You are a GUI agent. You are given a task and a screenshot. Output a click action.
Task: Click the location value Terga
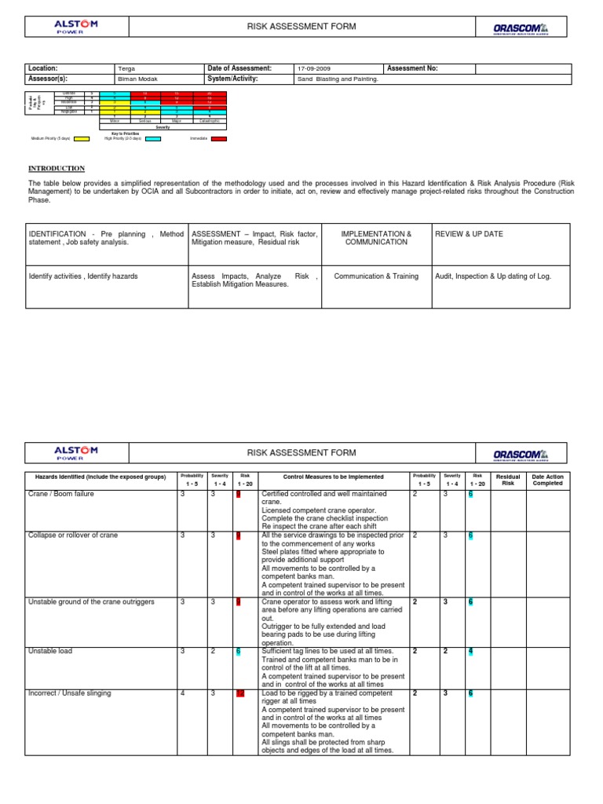[x=126, y=69]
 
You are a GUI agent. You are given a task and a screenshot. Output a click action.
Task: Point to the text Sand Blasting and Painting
[x=338, y=79]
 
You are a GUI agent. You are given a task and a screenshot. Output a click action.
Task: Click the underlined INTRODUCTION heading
[x=57, y=169]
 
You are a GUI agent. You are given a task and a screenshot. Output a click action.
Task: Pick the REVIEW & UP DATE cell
[x=470, y=234]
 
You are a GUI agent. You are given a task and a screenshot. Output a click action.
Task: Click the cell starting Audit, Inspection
[x=492, y=276]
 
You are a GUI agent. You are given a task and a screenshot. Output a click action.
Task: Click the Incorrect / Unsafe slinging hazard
[x=69, y=693]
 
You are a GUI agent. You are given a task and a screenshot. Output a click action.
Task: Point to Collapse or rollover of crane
[x=73, y=535]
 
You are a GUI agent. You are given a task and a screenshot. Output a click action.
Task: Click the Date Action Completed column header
[x=548, y=480]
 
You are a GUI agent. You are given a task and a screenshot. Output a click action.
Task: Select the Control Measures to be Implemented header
[x=334, y=477]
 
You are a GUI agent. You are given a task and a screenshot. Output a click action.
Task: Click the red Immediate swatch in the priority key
[x=219, y=138]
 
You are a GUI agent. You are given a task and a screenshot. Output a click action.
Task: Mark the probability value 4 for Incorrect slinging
[x=183, y=693]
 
